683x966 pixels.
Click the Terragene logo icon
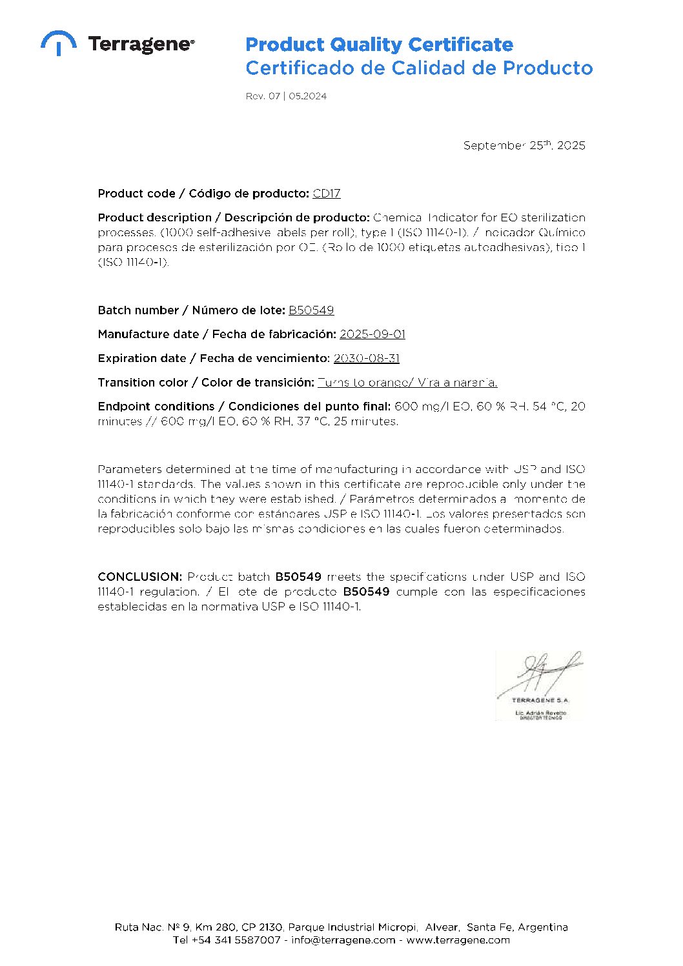coord(58,42)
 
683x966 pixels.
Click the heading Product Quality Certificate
coord(379,45)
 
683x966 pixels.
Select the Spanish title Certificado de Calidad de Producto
coord(418,68)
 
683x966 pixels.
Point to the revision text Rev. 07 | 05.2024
coord(286,96)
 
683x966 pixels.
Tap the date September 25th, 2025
coord(524,145)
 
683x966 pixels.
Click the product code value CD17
coord(326,194)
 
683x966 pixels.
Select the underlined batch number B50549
coord(311,310)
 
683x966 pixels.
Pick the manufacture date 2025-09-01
coord(372,334)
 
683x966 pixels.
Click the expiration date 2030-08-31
coord(366,358)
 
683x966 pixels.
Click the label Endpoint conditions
coord(156,407)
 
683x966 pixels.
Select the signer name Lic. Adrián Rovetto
coord(540,712)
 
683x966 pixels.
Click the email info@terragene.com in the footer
coord(343,940)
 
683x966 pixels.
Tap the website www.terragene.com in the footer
coord(458,940)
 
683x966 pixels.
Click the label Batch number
coord(138,310)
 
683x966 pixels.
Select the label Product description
coord(155,217)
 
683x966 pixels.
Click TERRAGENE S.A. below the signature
coord(540,700)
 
